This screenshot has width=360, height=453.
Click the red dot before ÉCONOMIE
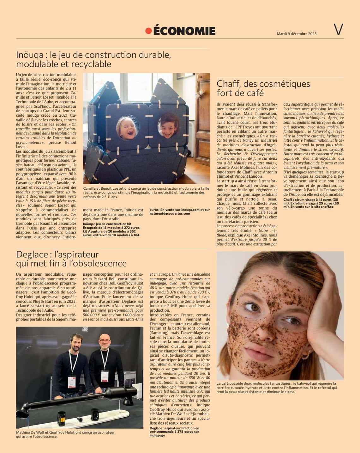tap(148, 31)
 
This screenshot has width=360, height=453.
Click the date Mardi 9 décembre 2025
tap(296, 34)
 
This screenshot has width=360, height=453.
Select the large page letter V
tap(338, 30)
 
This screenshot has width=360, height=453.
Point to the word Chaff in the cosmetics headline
tap(227, 84)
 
